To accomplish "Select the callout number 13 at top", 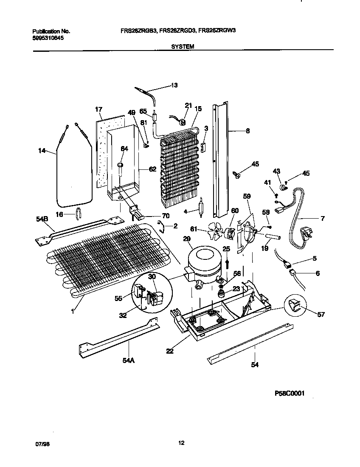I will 174,85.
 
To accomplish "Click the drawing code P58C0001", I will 290,394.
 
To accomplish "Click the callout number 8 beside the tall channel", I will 248,131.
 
